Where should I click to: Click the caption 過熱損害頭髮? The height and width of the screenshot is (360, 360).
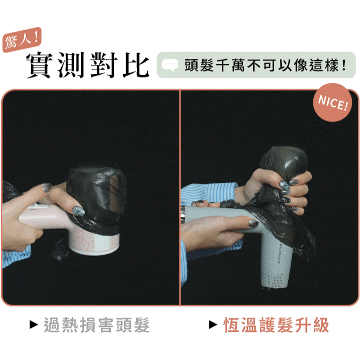(x=96, y=324)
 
